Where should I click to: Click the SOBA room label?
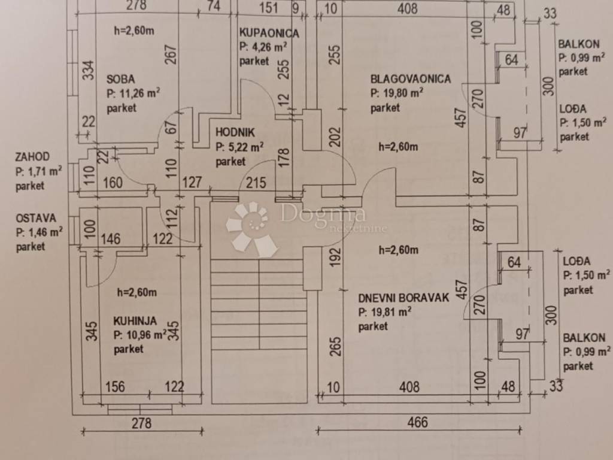tap(120, 78)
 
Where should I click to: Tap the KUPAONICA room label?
tap(269, 33)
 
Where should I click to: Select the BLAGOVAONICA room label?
tap(410, 78)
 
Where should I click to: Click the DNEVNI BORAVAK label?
tap(403, 298)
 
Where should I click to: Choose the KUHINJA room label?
tap(135, 321)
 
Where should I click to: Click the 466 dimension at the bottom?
tap(417, 422)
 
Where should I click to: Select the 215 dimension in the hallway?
tap(256, 183)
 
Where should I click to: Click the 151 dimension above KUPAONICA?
tap(269, 7)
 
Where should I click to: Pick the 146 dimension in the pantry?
tap(111, 239)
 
